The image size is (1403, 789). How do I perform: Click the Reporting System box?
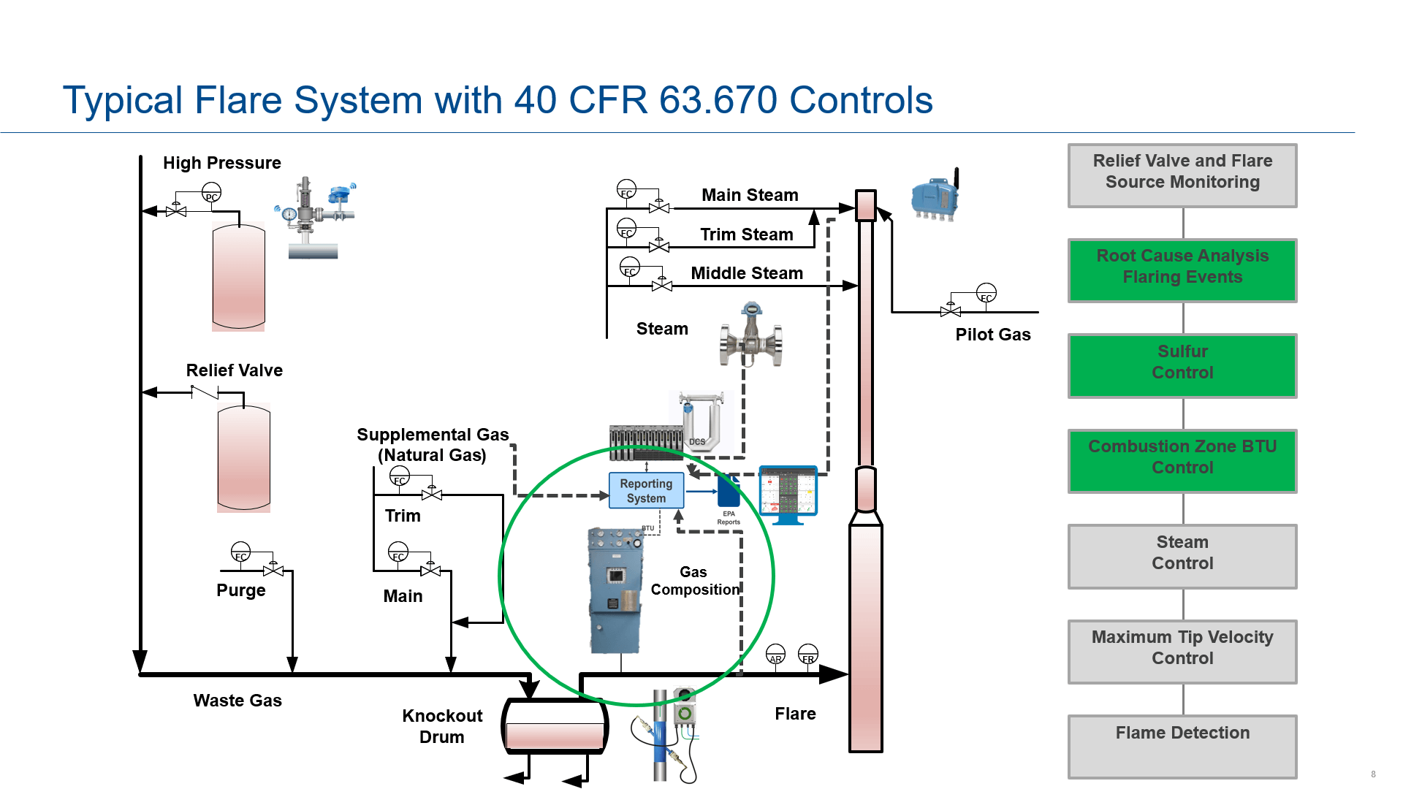(646, 490)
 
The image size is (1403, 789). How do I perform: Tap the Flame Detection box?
(1182, 746)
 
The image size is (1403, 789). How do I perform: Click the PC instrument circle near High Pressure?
(211, 193)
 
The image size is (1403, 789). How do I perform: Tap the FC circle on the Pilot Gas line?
(986, 294)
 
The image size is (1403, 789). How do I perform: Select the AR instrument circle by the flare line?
(775, 655)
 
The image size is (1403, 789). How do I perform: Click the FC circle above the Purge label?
(240, 552)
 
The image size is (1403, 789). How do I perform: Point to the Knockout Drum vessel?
(555, 727)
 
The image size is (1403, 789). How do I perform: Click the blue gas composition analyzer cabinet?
(615, 590)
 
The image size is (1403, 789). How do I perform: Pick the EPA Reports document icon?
(729, 492)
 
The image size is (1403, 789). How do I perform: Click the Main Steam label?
(750, 195)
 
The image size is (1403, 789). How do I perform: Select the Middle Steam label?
(747, 273)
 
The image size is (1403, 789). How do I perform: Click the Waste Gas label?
(237, 701)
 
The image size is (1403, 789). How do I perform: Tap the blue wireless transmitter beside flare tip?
(935, 196)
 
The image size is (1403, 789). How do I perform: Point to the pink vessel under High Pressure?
(238, 277)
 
